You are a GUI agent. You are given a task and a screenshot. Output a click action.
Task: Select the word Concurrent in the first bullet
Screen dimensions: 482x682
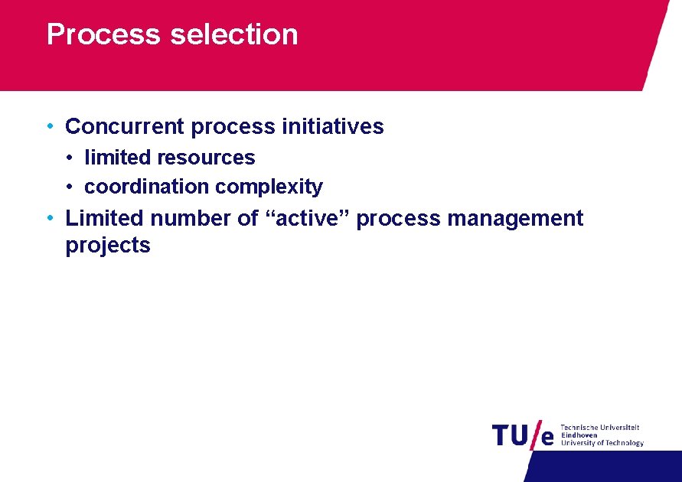pyautogui.click(x=126, y=126)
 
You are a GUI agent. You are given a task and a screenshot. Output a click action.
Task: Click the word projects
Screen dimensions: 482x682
pyautogui.click(x=108, y=246)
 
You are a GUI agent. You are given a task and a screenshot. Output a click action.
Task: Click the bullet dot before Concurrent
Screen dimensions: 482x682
pyautogui.click(x=49, y=126)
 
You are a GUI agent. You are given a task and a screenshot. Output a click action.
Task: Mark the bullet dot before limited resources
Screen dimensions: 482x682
pyautogui.click(x=69, y=158)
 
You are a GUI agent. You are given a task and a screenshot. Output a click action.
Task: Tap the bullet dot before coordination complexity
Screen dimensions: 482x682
pyautogui.click(x=69, y=187)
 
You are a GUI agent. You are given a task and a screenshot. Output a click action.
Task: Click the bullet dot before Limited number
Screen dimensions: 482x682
pyautogui.click(x=49, y=218)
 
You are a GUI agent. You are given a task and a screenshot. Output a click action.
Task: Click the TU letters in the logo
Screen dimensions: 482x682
pyautogui.click(x=510, y=435)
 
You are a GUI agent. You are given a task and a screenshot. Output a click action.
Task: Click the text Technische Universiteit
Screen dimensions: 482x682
pyautogui.click(x=600, y=428)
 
